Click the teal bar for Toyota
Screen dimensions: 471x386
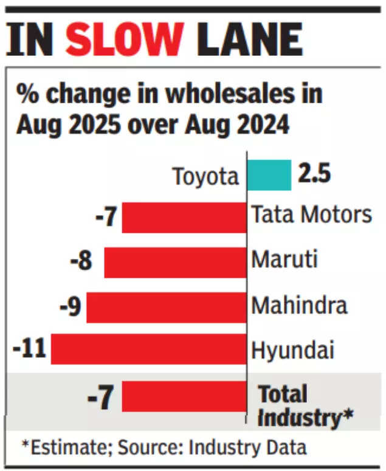(269, 175)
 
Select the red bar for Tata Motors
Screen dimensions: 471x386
(184, 218)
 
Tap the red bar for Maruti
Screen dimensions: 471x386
(175, 263)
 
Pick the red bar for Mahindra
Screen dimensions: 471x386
(167, 307)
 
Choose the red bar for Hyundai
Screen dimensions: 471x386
(149, 349)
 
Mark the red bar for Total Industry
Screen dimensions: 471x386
(184, 397)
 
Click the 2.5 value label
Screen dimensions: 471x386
(314, 174)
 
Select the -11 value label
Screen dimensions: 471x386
(30, 349)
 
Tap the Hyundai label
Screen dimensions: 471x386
(293, 351)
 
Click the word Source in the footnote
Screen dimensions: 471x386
(156, 448)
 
